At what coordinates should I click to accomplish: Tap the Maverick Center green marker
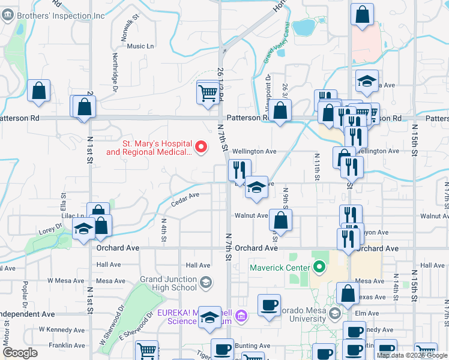click(x=319, y=267)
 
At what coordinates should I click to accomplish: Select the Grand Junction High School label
click(x=168, y=283)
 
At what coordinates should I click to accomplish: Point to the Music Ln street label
click(x=140, y=46)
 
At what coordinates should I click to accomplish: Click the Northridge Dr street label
click(x=115, y=67)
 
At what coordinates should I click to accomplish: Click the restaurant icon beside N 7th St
click(x=239, y=170)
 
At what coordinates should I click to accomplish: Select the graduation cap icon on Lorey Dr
click(x=83, y=228)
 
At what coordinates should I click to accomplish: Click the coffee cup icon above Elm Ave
click(x=269, y=304)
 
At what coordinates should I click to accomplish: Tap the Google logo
click(x=20, y=353)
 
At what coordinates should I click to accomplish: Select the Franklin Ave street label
click(x=67, y=346)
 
